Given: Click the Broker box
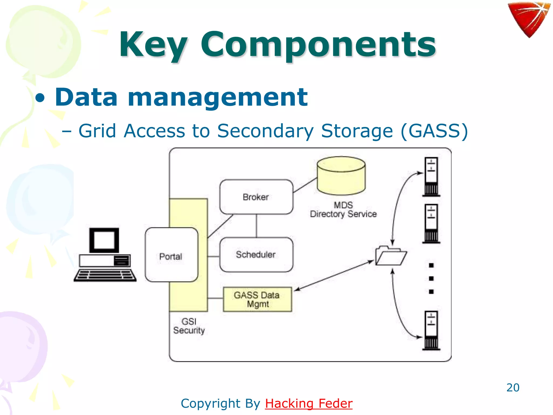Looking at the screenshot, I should click(256, 197).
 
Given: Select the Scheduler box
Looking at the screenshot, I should click(256, 255).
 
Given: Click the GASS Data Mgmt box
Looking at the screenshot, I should click(257, 299).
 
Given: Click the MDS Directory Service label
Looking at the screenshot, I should click(343, 210).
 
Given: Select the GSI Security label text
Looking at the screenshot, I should click(189, 326).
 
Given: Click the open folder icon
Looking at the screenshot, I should click(390, 256).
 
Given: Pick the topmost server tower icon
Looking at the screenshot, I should click(431, 177).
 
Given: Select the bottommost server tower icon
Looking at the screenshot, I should click(431, 330).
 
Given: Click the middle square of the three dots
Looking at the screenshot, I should click(431, 279).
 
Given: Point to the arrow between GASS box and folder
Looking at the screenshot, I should click(334, 276).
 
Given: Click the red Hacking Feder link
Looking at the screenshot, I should click(308, 403).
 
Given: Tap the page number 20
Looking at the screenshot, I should click(513, 387).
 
